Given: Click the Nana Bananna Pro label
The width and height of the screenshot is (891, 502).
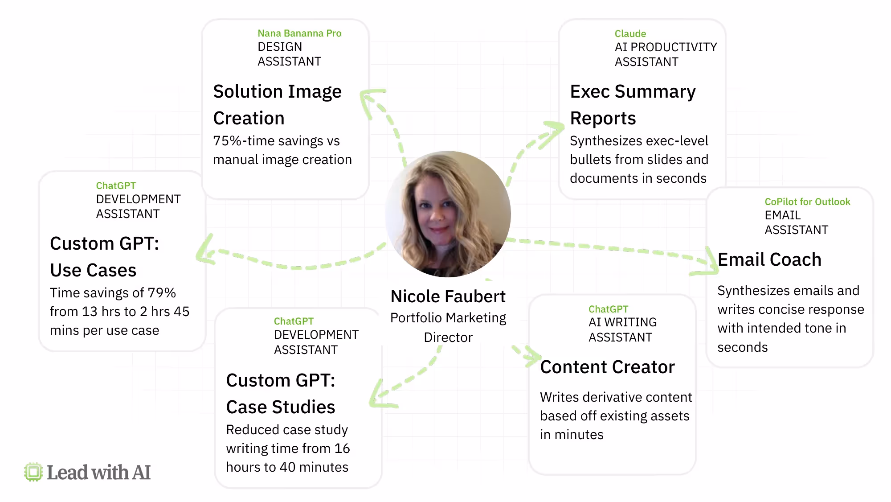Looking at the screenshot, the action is pos(299,33).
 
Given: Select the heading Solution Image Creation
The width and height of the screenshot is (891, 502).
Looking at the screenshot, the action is pos(278,105).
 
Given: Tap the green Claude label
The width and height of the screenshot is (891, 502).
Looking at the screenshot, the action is pos(630,34).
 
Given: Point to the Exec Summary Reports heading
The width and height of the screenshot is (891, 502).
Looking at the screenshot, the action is pos(633,105).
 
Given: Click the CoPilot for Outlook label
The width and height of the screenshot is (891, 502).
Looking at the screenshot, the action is pos(807,202).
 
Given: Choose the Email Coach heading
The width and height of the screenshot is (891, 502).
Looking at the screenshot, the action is pos(769,259).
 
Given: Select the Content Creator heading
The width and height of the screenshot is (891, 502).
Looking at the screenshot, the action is pos(607,367).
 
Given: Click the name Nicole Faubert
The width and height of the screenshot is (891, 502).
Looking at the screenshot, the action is pos(448,296).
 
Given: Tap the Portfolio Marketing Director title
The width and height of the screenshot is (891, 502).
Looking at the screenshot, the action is pos(448,327).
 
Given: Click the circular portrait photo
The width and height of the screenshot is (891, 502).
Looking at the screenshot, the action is pos(448,214).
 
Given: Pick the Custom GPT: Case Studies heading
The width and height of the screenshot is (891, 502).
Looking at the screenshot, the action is pos(281,394).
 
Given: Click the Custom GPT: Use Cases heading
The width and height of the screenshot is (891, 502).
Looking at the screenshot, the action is pos(104,257).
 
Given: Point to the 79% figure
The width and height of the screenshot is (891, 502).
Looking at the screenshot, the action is pos(162,293).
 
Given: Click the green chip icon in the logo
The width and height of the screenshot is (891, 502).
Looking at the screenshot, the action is pos(33,472).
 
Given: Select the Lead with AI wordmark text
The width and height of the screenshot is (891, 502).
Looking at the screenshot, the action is pos(98,473).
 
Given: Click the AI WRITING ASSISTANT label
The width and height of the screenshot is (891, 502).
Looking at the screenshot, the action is pos(622,330).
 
